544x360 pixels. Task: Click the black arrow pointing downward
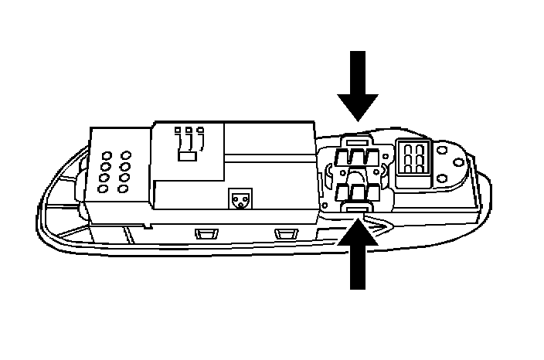tap(358, 86)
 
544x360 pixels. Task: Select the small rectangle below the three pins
tap(186, 155)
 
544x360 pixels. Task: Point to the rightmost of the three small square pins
tap(200, 130)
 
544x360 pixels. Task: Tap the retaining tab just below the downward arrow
tap(356, 140)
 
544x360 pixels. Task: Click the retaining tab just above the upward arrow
tap(356, 209)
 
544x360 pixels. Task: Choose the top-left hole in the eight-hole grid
tap(106, 153)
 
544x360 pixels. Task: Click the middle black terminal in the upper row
tap(356, 159)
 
